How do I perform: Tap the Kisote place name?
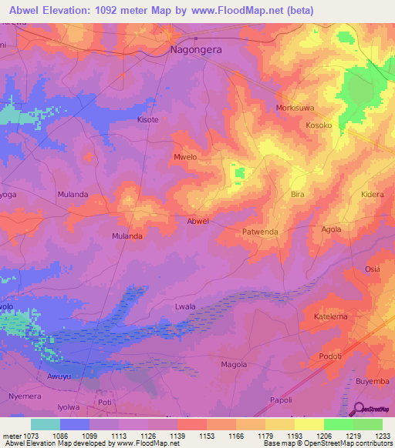click(147, 120)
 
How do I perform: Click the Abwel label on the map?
click(198, 221)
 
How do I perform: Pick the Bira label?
click(298, 195)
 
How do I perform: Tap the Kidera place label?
click(372, 195)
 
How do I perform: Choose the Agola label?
click(331, 229)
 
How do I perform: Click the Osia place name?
click(373, 269)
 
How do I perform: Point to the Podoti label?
click(330, 357)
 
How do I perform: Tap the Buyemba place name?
click(373, 381)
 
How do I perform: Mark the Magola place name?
click(234, 364)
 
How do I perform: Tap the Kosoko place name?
click(319, 125)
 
